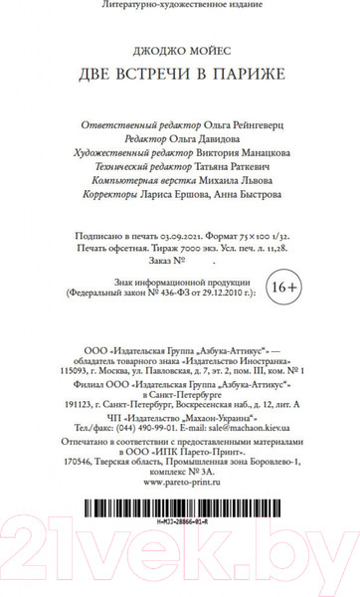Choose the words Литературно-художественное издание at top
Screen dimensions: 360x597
[180, 7]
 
